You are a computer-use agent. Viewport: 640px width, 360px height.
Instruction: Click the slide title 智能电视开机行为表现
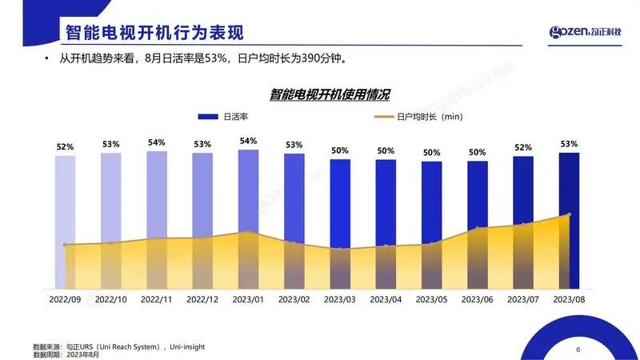(x=154, y=33)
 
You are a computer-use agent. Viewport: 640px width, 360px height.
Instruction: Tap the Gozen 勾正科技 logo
(x=590, y=32)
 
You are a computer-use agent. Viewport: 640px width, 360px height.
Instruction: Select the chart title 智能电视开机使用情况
(x=330, y=94)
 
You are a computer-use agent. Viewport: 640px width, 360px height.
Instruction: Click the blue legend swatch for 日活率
(x=207, y=117)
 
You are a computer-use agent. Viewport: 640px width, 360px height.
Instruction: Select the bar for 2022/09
(x=65, y=220)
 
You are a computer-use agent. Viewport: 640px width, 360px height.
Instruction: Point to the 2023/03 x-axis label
(x=340, y=298)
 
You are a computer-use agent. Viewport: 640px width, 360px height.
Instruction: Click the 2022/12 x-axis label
(x=202, y=298)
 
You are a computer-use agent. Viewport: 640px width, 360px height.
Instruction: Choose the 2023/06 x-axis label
(x=478, y=298)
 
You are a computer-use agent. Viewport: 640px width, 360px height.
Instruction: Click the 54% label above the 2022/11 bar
(x=157, y=142)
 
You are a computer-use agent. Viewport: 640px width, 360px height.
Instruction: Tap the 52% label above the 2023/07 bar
(x=523, y=147)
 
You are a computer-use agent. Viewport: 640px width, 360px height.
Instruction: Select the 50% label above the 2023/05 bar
(x=432, y=152)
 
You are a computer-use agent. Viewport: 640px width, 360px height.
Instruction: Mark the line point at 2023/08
(x=569, y=214)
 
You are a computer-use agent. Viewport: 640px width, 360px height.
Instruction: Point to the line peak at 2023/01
(x=248, y=232)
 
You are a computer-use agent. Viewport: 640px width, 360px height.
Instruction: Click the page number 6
(x=578, y=349)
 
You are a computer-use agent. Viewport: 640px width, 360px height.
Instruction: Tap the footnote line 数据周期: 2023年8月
(x=66, y=354)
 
